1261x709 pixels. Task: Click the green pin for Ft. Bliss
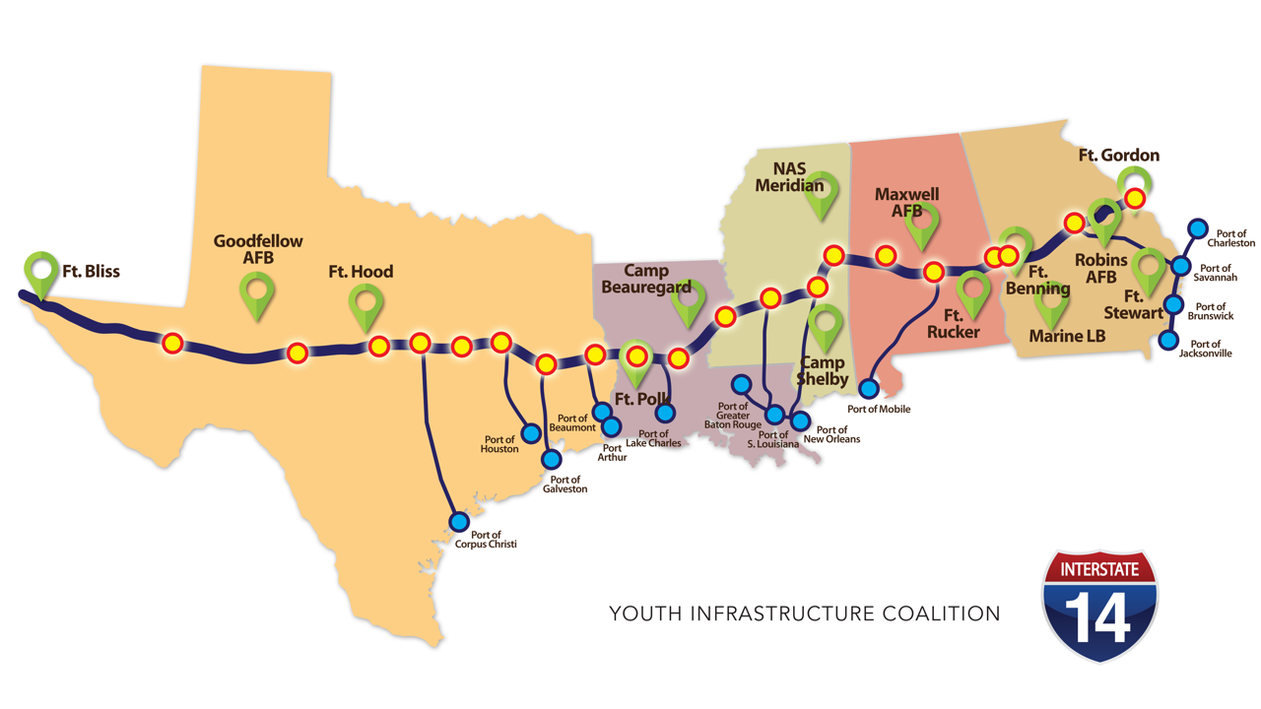coord(41,272)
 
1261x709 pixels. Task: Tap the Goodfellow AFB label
coord(258,249)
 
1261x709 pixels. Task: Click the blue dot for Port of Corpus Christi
coord(459,521)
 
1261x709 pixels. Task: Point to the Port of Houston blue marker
coord(531,432)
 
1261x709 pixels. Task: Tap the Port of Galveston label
coord(564,484)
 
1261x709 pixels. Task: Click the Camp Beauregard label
coord(646,279)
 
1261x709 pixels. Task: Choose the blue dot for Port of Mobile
coord(869,389)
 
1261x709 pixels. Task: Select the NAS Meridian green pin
coord(821,197)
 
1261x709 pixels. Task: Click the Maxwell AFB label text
coord(906,203)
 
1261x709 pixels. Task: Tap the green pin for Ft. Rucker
coord(973,292)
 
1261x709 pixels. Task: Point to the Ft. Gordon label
coord(1118,156)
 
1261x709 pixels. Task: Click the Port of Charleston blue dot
coord(1197,229)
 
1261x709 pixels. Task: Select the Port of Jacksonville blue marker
coord(1168,341)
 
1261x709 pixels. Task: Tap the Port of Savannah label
coord(1215,273)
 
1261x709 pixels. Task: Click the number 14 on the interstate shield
coord(1099,617)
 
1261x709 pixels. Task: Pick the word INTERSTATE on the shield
coord(1099,569)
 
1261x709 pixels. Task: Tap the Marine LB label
coord(1067,337)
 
